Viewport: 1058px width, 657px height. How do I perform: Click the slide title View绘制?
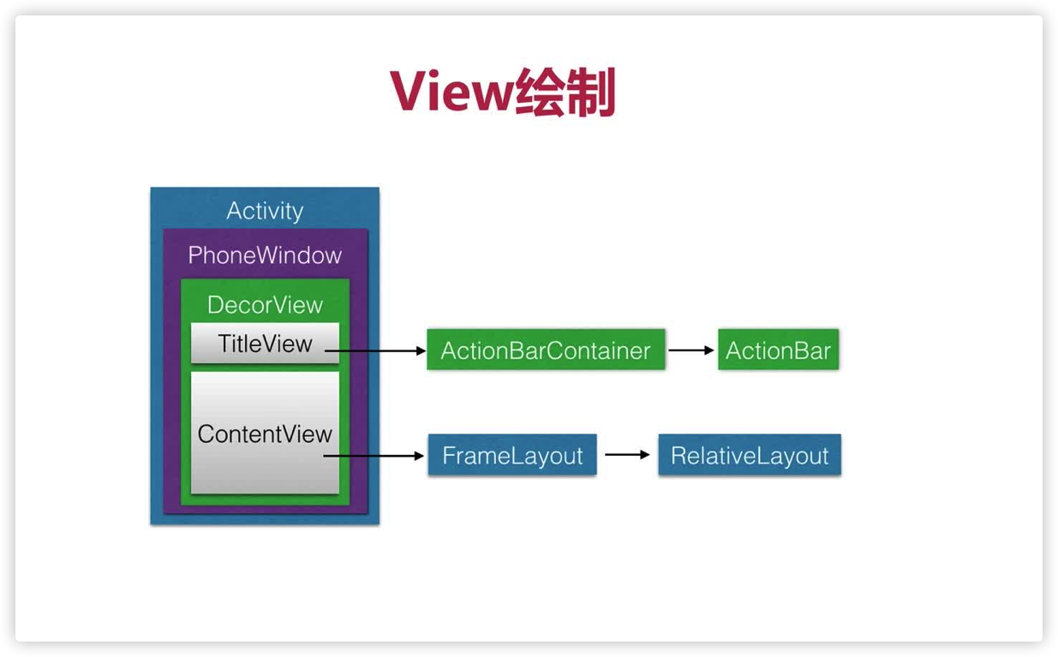504,93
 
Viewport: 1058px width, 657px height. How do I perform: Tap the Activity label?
265,211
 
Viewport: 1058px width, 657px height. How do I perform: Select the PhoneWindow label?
265,255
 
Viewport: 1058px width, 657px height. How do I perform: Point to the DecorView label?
265,305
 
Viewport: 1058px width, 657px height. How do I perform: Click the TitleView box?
265,343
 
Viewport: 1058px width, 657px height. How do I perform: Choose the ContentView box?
265,433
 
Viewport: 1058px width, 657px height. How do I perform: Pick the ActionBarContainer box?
546,350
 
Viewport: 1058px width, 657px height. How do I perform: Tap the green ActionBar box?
778,350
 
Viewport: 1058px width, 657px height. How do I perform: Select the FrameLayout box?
512,456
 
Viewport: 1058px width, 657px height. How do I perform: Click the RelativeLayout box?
750,456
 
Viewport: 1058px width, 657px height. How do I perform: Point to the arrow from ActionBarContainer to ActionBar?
691,350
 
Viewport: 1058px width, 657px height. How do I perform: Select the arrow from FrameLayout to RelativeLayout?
628,455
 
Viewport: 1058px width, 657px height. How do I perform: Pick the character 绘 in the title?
540,93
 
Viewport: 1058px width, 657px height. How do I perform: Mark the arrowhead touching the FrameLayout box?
420,457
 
